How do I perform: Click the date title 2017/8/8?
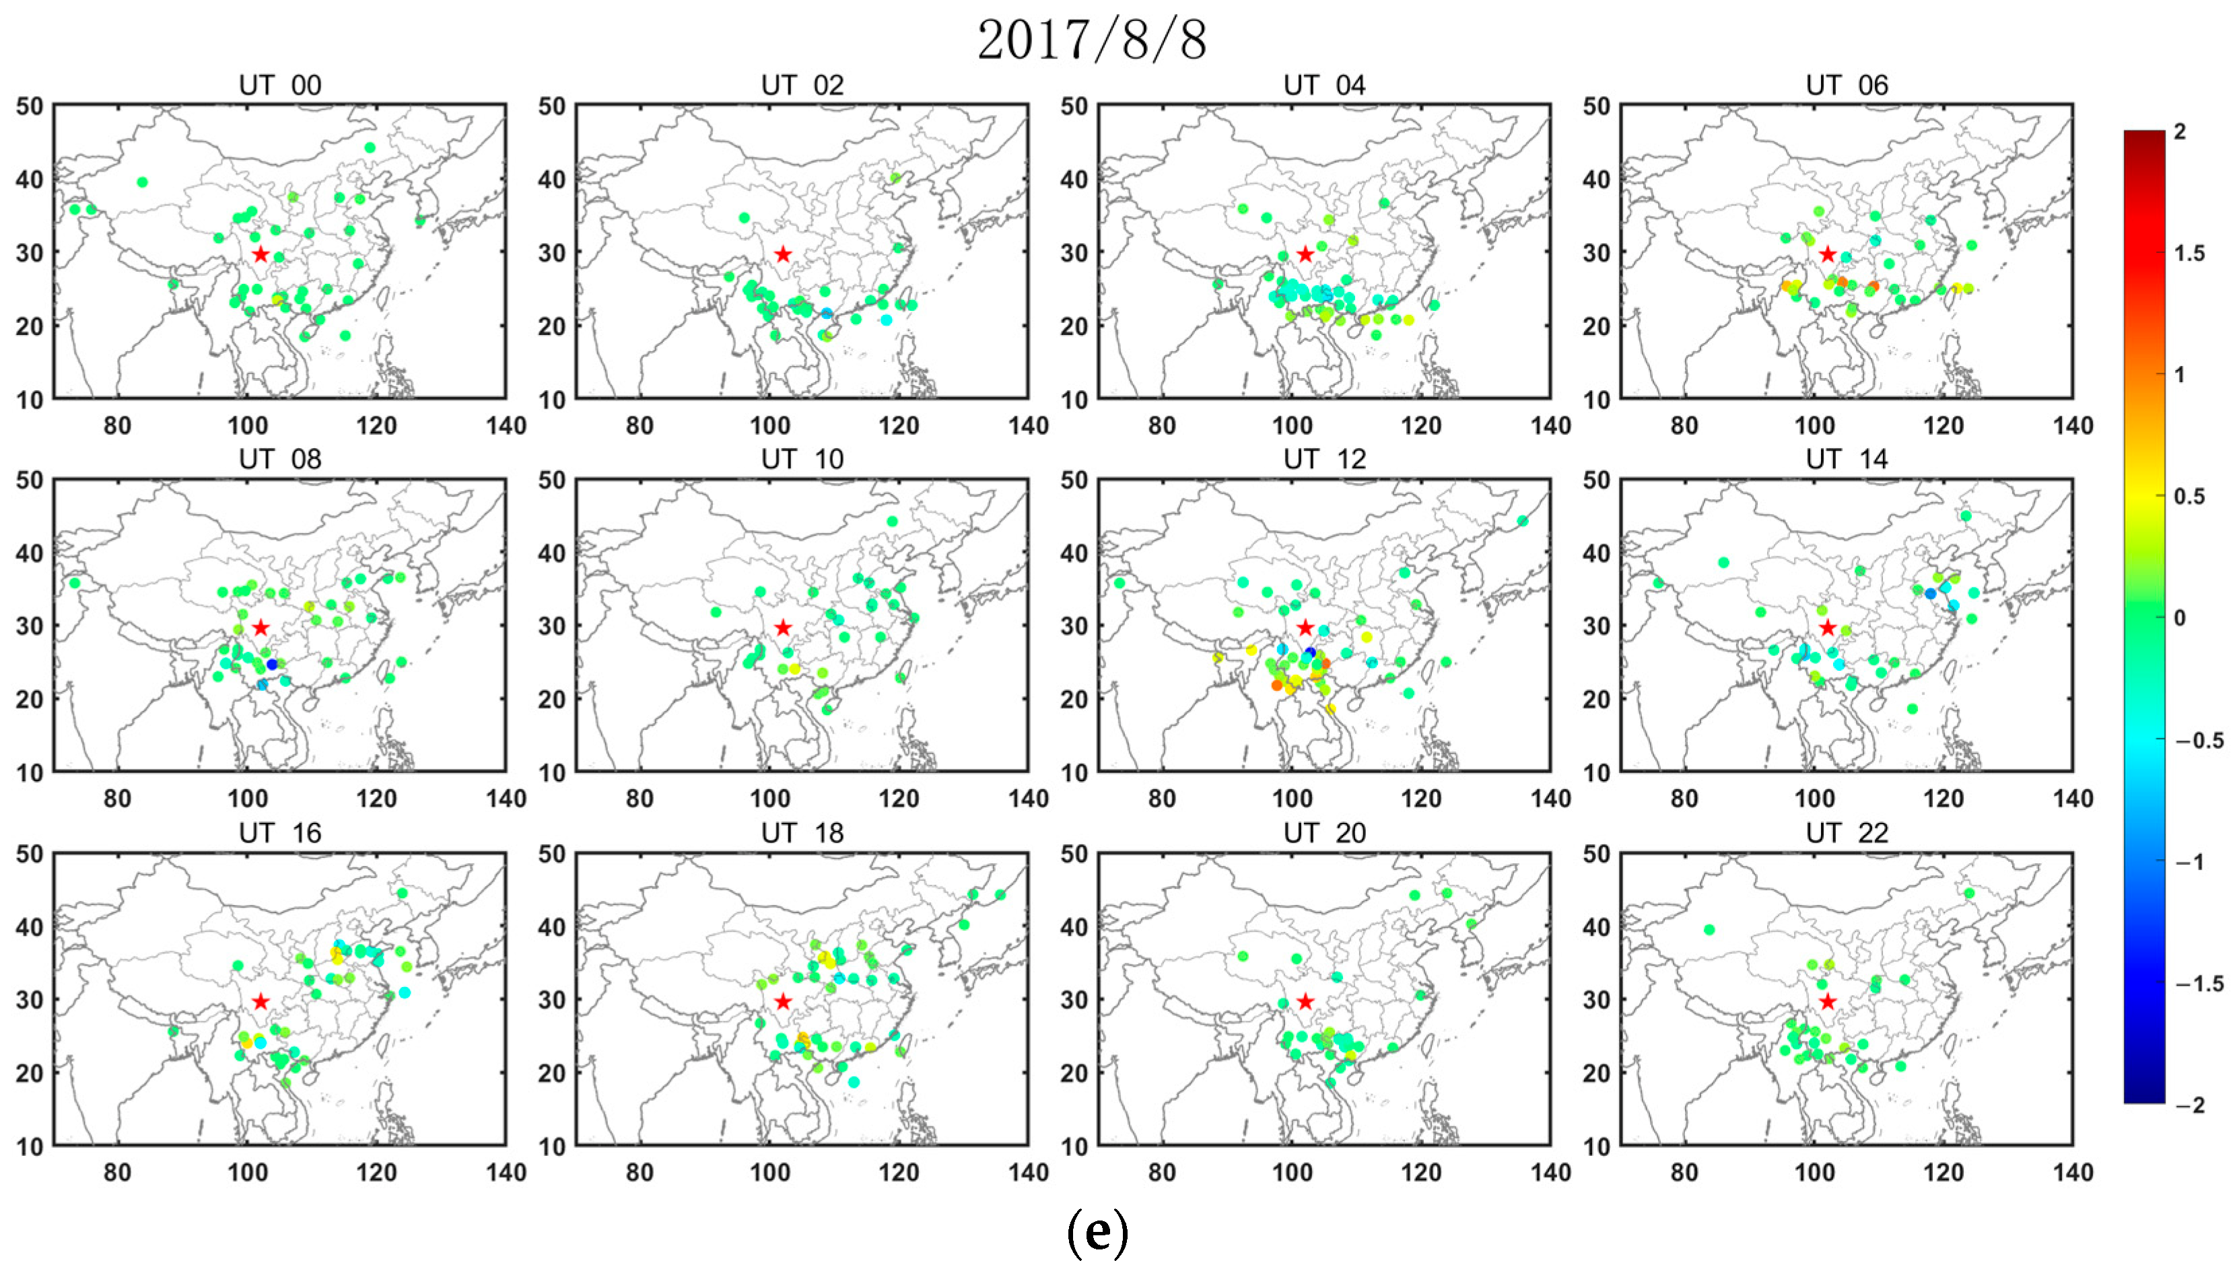click(x=1091, y=40)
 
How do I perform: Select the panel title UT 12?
click(x=1323, y=460)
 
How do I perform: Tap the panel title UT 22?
click(x=1847, y=833)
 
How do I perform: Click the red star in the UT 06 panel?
click(x=1827, y=254)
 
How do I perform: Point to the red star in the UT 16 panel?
click(x=260, y=1001)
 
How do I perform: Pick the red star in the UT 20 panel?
click(x=1305, y=1001)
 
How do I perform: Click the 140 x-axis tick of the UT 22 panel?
click(x=2072, y=1173)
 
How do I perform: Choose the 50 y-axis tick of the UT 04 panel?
click(x=1074, y=107)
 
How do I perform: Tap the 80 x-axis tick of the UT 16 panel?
click(x=117, y=1173)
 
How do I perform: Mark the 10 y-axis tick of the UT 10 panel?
click(x=552, y=772)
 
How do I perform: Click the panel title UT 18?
click(x=802, y=833)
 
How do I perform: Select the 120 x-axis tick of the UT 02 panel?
click(x=898, y=426)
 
